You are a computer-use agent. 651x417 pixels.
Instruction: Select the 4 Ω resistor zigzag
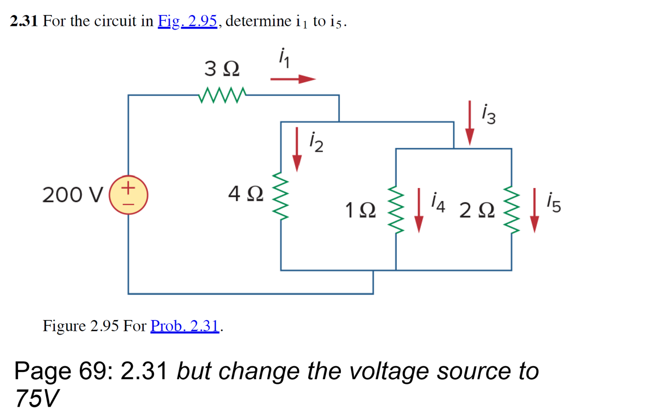281,196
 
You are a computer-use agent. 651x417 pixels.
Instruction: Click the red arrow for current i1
293,79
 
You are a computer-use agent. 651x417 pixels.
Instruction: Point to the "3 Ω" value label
222,68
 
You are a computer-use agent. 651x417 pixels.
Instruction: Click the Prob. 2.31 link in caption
185,326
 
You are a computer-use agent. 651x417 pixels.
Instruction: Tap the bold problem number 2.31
24,21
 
